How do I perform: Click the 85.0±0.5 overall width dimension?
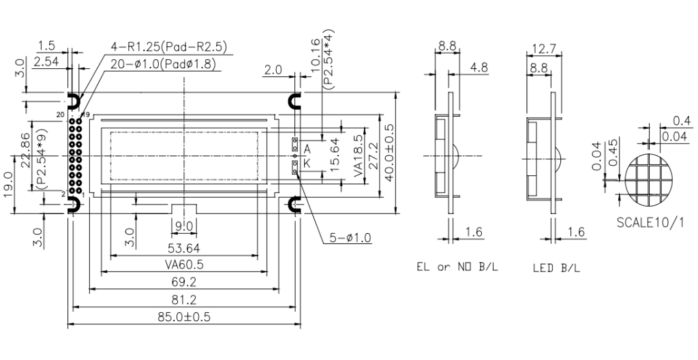(x=184, y=317)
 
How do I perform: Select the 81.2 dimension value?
(x=184, y=299)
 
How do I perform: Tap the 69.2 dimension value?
(x=184, y=282)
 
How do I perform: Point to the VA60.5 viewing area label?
(x=184, y=265)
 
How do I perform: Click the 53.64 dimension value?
(x=184, y=247)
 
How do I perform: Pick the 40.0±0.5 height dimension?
(x=389, y=153)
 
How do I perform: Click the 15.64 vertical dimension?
(x=335, y=154)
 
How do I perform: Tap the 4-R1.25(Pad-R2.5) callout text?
(x=170, y=47)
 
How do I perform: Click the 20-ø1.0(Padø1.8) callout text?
(x=163, y=64)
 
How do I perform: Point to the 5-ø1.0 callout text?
(x=350, y=237)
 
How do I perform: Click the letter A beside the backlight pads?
(x=307, y=149)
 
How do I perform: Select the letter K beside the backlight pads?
(x=307, y=164)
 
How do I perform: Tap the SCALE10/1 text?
(x=650, y=222)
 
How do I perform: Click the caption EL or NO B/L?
(x=457, y=267)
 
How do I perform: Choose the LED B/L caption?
(x=556, y=268)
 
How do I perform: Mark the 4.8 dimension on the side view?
(x=479, y=67)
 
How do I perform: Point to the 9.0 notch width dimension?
(x=184, y=226)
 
